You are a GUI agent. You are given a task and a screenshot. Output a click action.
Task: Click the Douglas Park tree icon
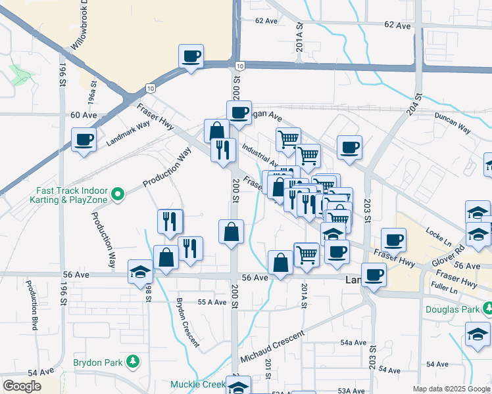click(x=487, y=307)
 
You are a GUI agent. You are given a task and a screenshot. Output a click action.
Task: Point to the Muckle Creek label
click(x=198, y=384)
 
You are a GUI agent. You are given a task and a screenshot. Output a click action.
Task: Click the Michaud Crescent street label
click(x=272, y=347)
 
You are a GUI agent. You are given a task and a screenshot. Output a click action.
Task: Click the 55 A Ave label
click(x=212, y=302)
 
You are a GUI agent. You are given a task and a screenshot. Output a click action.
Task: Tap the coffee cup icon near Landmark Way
click(x=84, y=140)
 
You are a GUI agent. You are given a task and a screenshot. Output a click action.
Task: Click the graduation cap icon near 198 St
click(x=141, y=272)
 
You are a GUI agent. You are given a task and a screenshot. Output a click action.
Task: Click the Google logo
click(x=22, y=386)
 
